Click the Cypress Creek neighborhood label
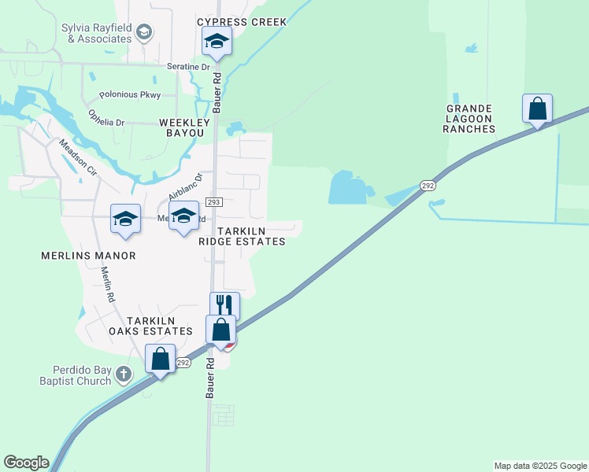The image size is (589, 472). point(242,22)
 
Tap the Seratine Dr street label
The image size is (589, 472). point(188,67)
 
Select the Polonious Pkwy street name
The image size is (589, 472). point(130,95)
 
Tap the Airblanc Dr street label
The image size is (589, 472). point(185,187)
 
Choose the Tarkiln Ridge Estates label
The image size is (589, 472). point(241,236)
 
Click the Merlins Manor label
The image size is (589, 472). point(88,256)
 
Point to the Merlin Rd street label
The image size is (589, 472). point(108,285)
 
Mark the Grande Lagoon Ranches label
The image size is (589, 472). point(469,119)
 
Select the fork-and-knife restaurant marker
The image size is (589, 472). point(224,304)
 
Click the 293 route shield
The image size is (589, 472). point(215,202)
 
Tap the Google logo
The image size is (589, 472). point(26,463)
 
